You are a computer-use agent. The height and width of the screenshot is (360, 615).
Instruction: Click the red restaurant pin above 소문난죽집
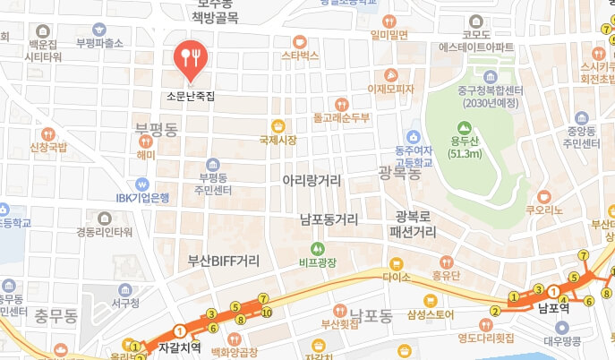pyautogui.click(x=191, y=58)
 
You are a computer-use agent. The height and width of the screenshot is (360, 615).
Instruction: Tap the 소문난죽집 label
pyautogui.click(x=191, y=94)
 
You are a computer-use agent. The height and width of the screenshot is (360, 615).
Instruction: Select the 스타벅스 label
pyautogui.click(x=301, y=56)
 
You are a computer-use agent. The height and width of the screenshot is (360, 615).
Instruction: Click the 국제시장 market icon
pyautogui.click(x=278, y=125)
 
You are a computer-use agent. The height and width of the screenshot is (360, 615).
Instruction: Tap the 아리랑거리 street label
pyautogui.click(x=312, y=181)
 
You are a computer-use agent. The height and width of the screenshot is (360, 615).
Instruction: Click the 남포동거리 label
pyautogui.click(x=329, y=219)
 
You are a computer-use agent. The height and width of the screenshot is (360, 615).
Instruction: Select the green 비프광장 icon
pyautogui.click(x=316, y=248)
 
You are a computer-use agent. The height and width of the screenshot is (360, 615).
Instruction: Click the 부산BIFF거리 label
pyautogui.click(x=223, y=261)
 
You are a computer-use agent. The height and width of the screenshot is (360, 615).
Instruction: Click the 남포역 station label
pyautogui.click(x=554, y=310)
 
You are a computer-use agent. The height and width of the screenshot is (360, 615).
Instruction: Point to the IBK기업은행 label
pyautogui.click(x=142, y=198)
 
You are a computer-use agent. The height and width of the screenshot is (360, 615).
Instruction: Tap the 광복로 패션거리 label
pyautogui.click(x=414, y=224)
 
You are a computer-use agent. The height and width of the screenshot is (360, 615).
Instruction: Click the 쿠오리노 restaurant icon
pyautogui.click(x=543, y=195)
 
